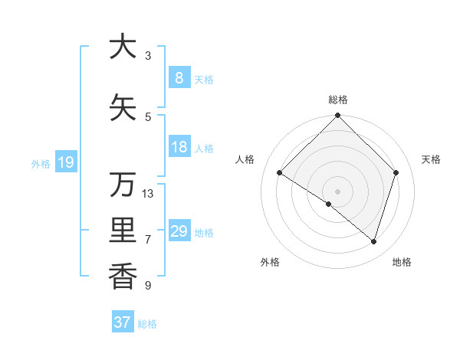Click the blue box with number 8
179,78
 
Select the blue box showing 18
179,147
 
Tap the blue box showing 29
179,231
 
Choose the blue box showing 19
65,162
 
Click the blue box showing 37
122,322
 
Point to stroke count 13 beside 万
148,193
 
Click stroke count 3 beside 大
148,56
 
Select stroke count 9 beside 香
148,286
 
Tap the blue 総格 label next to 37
147,324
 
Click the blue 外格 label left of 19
41,163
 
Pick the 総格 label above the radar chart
337,100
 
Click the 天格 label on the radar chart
431,159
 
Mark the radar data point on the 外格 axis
329,204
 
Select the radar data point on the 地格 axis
373,241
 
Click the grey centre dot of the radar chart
337,191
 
